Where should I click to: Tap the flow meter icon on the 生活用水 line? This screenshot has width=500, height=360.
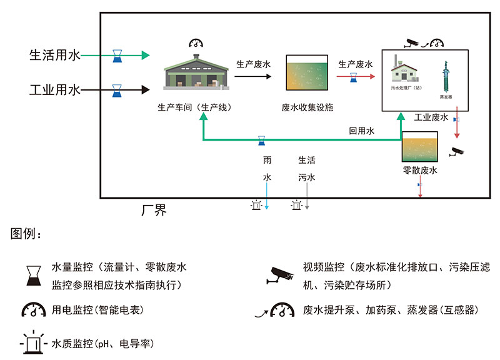pos(117,56)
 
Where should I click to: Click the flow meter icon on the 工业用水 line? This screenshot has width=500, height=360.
pos(117,91)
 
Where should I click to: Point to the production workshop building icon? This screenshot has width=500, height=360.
pos(196,74)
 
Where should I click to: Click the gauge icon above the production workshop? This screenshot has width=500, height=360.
pos(196,43)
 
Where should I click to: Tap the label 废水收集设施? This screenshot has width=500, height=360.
pos(307,107)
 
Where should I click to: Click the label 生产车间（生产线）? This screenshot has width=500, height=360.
pos(195,107)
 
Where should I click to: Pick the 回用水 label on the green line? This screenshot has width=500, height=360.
pos(361,131)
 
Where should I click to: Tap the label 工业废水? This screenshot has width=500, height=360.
pos(431,117)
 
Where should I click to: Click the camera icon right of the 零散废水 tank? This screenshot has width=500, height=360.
pos(457,151)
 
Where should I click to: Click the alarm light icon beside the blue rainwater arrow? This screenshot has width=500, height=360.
pos(255,205)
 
